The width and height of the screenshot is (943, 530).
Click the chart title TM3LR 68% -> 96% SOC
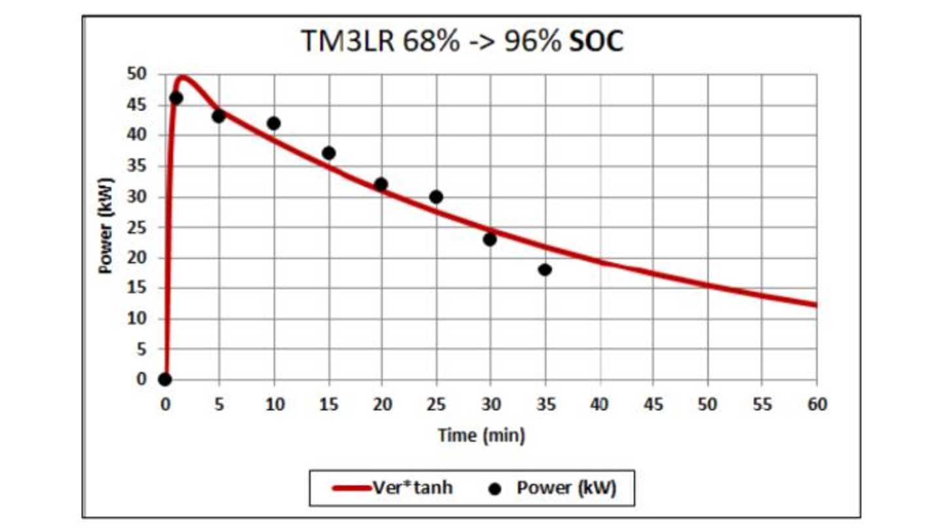[x=462, y=41]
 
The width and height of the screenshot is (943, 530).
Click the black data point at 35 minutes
[x=545, y=270]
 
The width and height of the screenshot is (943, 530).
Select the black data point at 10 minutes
[x=274, y=123]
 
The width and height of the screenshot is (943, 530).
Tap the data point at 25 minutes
[x=436, y=197]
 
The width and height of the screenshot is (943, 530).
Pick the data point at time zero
[x=165, y=380]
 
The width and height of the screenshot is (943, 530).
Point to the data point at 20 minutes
[x=381, y=185]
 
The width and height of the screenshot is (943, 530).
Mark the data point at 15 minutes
[x=329, y=153]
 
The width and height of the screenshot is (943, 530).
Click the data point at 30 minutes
[x=490, y=239]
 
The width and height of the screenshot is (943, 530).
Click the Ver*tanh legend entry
[x=392, y=488]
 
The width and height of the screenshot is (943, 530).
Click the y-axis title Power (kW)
[x=105, y=226]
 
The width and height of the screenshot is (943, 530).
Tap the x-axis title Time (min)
[x=481, y=435]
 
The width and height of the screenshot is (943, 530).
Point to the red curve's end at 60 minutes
[x=816, y=304]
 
